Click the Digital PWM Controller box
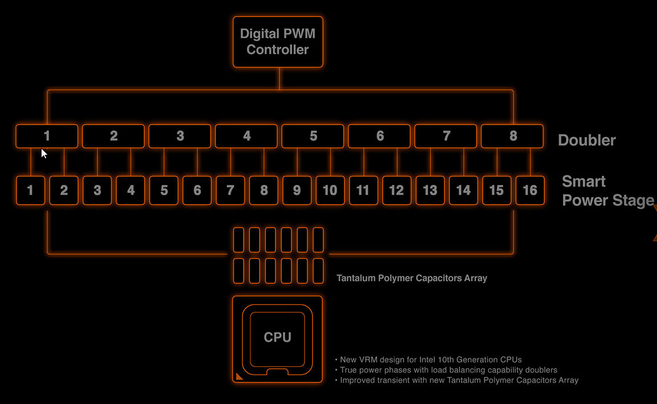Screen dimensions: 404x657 coord(278,42)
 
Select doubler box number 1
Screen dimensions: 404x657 coord(47,136)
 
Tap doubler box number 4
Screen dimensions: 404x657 coord(247,136)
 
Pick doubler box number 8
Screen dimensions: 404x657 coord(512,136)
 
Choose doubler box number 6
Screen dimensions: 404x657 coord(379,136)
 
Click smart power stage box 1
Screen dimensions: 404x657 coord(31,191)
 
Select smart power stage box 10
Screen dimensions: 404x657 coord(330,191)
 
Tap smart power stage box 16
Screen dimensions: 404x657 coord(529,191)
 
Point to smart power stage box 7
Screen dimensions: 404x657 coord(230,191)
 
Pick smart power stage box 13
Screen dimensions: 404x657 coord(430,191)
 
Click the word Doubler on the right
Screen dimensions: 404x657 coord(586,140)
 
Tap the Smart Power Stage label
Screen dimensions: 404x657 coord(607,191)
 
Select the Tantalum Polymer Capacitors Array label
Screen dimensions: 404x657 coord(412,278)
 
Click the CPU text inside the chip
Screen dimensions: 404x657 coord(278,337)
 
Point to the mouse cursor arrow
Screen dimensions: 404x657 coord(44,152)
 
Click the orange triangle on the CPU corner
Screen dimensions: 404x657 coord(239,376)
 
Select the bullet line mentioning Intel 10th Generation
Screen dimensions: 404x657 coord(430,360)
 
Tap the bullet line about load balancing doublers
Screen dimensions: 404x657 coord(448,370)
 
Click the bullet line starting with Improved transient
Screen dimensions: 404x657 coord(459,380)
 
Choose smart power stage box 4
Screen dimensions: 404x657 coord(130,191)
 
